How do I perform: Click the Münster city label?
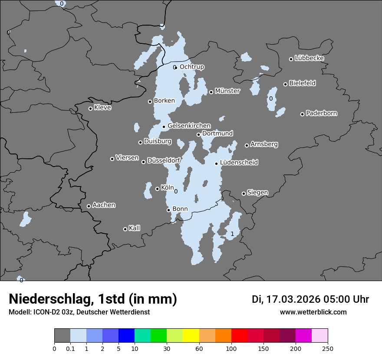pyautogui.click(x=227, y=91)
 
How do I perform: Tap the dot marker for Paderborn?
pyautogui.click(x=303, y=114)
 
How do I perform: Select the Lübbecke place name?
pyautogui.click(x=309, y=58)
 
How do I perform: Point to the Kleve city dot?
pyautogui.click(x=90, y=108)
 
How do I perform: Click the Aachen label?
pyautogui.click(x=104, y=205)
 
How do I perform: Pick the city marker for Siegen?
pyautogui.click(x=244, y=193)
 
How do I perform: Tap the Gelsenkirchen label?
pyautogui.click(x=189, y=126)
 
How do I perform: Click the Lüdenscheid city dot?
pyautogui.click(x=216, y=164)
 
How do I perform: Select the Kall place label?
pyautogui.click(x=134, y=228)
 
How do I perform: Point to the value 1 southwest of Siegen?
pyautogui.click(x=232, y=234)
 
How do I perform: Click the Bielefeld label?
pyautogui.click(x=302, y=83)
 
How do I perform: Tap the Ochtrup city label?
pyautogui.click(x=191, y=67)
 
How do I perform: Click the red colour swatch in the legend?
pyautogui.click(x=239, y=336)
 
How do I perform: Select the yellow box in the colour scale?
pyautogui.click(x=191, y=336)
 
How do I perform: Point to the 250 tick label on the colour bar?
pyautogui.click(x=328, y=348)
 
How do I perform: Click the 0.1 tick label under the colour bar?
pyautogui.click(x=70, y=348)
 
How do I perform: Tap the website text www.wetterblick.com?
pyautogui.click(x=313, y=312)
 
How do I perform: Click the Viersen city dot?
pyautogui.click(x=112, y=159)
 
